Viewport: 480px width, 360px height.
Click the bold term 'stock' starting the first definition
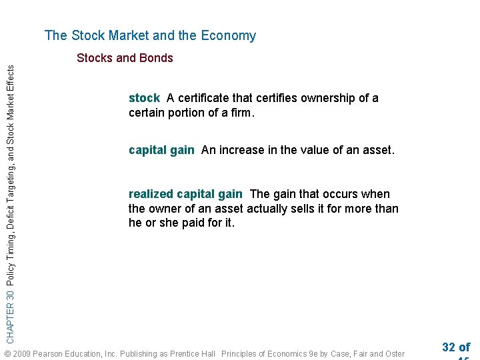144,99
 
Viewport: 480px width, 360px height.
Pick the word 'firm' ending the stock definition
241,113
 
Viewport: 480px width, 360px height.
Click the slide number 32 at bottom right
448,347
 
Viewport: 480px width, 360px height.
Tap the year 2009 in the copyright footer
21,354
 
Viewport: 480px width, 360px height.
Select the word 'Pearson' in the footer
49,354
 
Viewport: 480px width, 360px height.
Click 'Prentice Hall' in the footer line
193,354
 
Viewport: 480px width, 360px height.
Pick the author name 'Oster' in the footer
393,354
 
